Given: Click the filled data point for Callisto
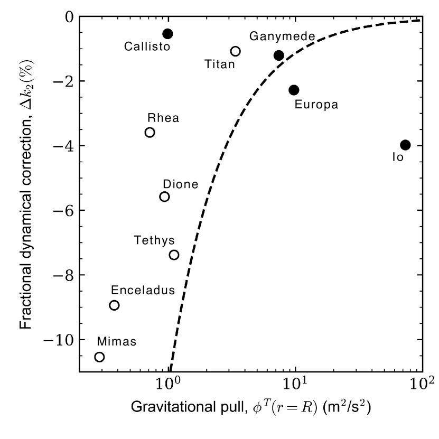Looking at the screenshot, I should [x=167, y=34].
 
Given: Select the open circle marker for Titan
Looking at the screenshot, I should [x=236, y=51].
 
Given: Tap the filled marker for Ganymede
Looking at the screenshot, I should [x=279, y=55].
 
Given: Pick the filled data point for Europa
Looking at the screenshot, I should [x=294, y=90].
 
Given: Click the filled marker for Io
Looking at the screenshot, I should [x=405, y=145].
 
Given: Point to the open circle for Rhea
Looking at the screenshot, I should [x=150, y=132].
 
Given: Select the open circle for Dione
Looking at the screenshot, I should [x=164, y=197].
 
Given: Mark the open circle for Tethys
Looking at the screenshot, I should [x=174, y=255].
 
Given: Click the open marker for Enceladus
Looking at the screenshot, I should [x=114, y=305].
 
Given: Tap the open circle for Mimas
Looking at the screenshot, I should [x=99, y=357].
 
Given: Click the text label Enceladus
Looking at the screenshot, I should [x=135, y=290].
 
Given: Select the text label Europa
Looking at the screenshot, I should [x=317, y=105].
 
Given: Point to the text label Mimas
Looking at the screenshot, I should [x=116, y=341].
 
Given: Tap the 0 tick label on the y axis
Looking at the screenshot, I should [x=69, y=17].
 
